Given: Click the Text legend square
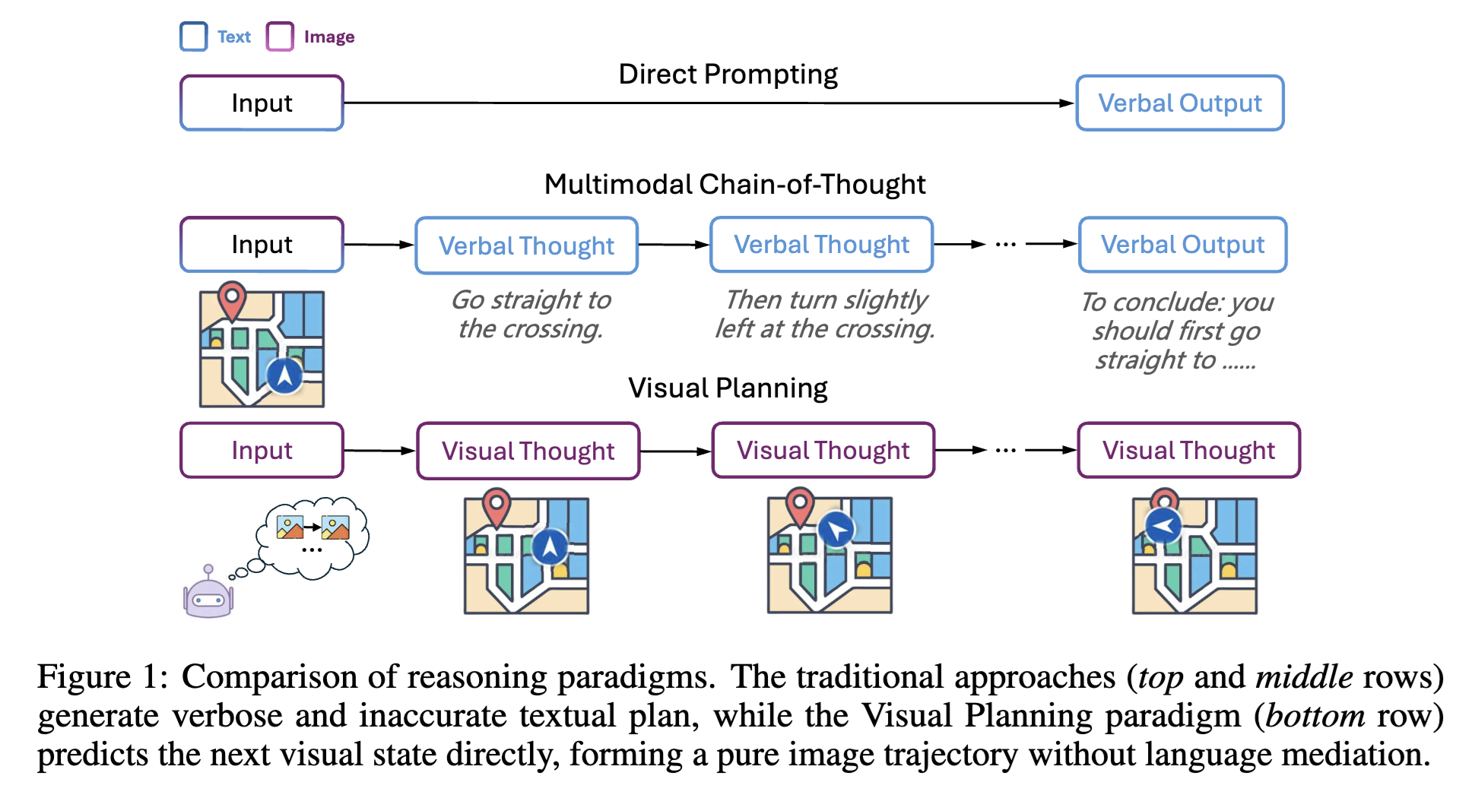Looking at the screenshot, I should tap(194, 36).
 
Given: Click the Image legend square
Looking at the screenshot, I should tap(280, 36).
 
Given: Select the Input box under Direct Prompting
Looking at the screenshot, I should tap(262, 103).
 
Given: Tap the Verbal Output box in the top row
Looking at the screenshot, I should tap(1179, 103).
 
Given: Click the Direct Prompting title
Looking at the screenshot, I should tap(728, 74).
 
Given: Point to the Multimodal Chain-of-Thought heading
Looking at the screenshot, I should tap(734, 185).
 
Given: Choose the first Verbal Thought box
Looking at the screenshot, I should tap(526, 245).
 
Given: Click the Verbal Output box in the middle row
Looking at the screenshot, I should tap(1182, 245).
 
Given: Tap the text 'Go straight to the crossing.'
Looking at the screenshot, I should tap(531, 314).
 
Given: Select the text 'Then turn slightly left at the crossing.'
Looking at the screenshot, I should tap(825, 314).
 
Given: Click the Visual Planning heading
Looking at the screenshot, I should tap(728, 388).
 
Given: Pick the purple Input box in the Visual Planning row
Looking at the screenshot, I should tap(262, 451).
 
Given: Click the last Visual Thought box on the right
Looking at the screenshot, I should tap(1188, 451).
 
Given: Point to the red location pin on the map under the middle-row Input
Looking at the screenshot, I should tap(232, 300).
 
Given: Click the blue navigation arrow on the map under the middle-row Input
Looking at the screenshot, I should tap(284, 375).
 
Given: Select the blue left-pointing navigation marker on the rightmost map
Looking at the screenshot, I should tap(1163, 526).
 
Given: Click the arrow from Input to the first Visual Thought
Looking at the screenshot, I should tap(379, 451).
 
